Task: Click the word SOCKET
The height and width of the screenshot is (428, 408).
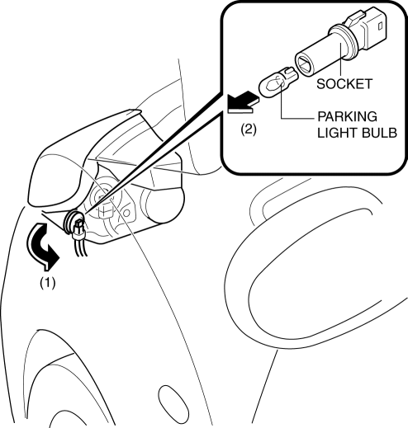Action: pyautogui.click(x=344, y=84)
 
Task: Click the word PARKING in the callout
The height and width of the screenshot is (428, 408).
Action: pyautogui.click(x=348, y=116)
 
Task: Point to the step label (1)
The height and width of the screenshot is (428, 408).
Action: pyautogui.click(x=48, y=283)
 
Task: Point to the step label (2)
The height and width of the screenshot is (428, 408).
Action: pyautogui.click(x=249, y=129)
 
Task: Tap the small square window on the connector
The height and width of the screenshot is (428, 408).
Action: pyautogui.click(x=380, y=26)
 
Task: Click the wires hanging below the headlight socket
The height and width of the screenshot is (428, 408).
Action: pyautogui.click(x=82, y=247)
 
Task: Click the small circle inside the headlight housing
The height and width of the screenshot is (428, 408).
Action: pyautogui.click(x=126, y=213)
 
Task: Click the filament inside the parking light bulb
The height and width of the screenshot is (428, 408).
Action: pyautogui.click(x=274, y=83)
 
